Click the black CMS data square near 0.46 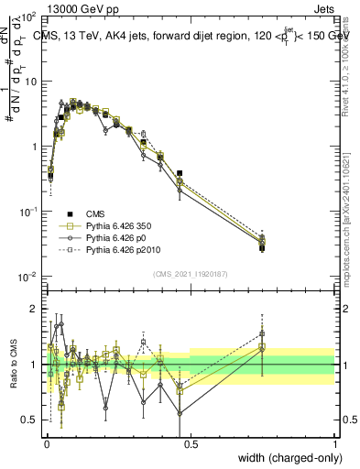click(x=180, y=173)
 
